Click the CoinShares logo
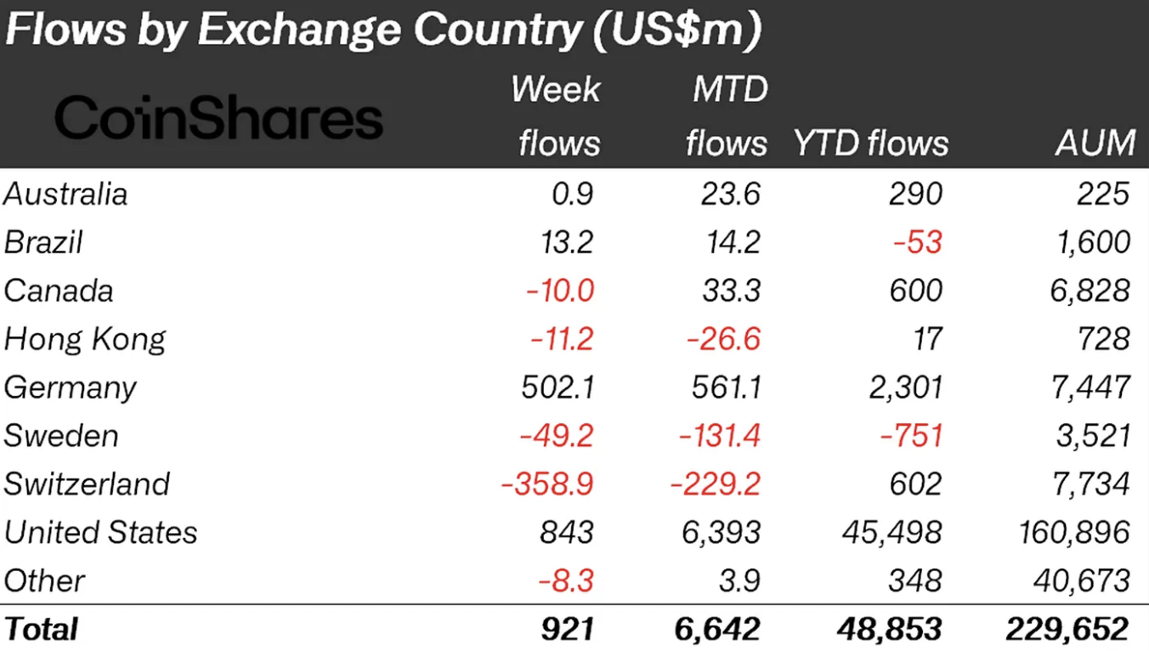[218, 119]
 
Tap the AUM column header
[1095, 143]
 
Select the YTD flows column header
[870, 143]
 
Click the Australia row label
[65, 194]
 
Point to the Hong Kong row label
[85, 339]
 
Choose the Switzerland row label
[87, 484]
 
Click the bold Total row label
[41, 629]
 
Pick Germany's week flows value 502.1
[558, 388]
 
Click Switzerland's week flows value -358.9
[547, 484]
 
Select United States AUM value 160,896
[1074, 533]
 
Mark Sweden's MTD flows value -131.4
[719, 436]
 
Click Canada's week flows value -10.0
[559, 291]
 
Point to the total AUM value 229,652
[1067, 629]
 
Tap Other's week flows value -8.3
[565, 581]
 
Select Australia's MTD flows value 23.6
[727, 194]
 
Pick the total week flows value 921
[566, 629]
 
